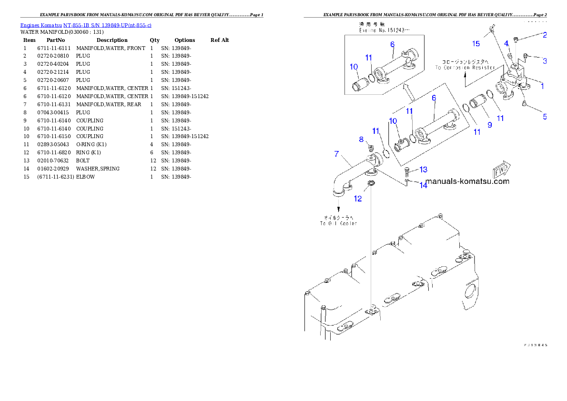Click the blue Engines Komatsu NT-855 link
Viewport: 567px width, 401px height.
point(86,25)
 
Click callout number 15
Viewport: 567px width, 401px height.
point(476,44)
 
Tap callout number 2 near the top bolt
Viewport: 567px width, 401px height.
point(544,35)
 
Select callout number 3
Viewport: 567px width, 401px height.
point(544,60)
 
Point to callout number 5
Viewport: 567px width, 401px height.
point(545,116)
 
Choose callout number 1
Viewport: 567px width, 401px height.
point(542,86)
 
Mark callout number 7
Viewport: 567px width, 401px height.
point(336,154)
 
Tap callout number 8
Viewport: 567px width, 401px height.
point(361,139)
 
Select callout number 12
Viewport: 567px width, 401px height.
point(358,199)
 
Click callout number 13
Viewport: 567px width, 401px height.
point(423,170)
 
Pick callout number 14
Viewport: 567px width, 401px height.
point(423,185)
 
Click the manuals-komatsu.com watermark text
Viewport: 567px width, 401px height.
point(467,181)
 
